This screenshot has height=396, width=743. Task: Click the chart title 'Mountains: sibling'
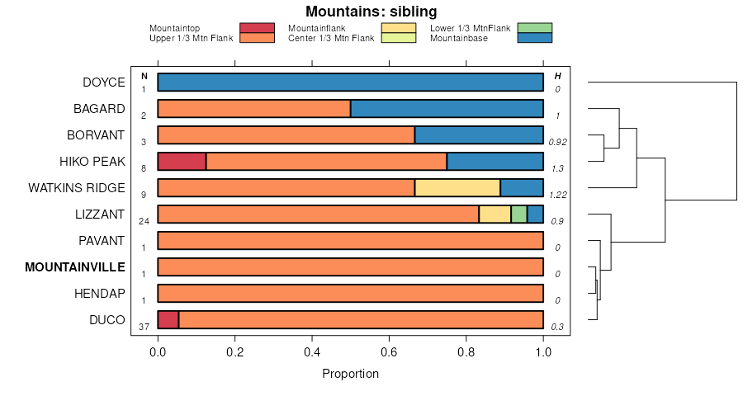pyautogui.click(x=371, y=12)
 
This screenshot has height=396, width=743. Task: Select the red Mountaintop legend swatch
pyautogui.click(x=257, y=28)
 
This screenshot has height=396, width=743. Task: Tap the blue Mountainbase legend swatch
pyautogui.click(x=534, y=38)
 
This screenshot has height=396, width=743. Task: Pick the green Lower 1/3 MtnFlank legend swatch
pyautogui.click(x=534, y=28)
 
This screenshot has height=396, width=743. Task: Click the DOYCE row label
pyautogui.click(x=104, y=82)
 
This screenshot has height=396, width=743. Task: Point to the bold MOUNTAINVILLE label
pyautogui.click(x=75, y=267)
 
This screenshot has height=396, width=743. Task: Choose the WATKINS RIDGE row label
pyautogui.click(x=77, y=188)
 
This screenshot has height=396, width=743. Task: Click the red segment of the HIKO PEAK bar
pyautogui.click(x=182, y=162)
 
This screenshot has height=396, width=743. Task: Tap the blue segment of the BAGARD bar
pyautogui.click(x=447, y=109)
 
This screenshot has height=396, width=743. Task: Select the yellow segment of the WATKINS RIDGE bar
pyautogui.click(x=457, y=188)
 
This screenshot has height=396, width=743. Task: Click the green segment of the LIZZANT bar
pyautogui.click(x=518, y=214)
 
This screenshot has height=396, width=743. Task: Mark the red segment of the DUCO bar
pyautogui.click(x=168, y=320)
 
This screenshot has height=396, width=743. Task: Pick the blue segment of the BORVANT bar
pyautogui.click(x=479, y=135)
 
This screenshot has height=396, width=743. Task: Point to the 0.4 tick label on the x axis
pyautogui.click(x=312, y=351)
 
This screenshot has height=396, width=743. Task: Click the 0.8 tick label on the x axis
pyautogui.click(x=466, y=351)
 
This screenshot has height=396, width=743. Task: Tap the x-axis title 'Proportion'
pyautogui.click(x=350, y=374)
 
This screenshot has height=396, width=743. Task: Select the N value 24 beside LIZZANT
pyautogui.click(x=144, y=221)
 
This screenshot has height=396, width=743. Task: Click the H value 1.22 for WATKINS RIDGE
pyautogui.click(x=557, y=195)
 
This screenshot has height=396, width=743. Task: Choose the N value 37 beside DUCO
pyautogui.click(x=144, y=327)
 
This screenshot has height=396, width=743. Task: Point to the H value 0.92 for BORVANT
pyautogui.click(x=557, y=142)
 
